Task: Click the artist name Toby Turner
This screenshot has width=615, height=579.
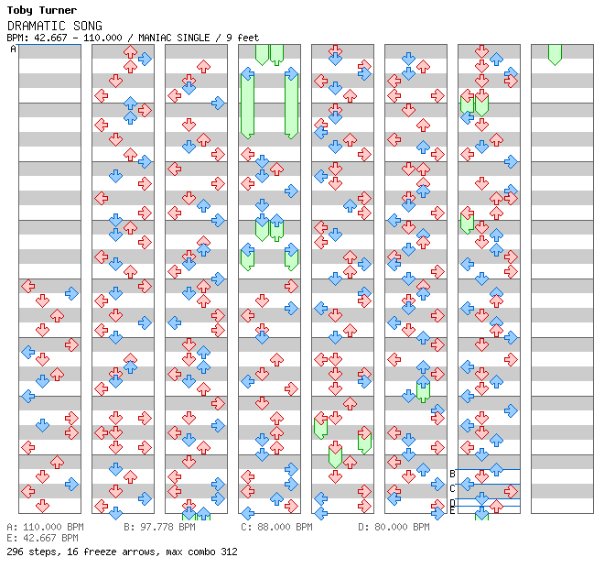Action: tap(41, 11)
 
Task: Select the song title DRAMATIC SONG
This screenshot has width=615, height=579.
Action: tap(54, 26)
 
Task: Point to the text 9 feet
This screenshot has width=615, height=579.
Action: tap(240, 38)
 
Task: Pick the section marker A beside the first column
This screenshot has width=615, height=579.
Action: tap(14, 49)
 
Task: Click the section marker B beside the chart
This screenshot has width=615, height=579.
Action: tap(452, 474)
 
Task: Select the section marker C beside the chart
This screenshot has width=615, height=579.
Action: tap(452, 488)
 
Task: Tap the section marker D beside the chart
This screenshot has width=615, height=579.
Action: tap(452, 503)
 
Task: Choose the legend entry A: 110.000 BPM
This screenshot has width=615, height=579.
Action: tap(45, 528)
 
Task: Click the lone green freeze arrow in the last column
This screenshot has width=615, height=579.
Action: tap(555, 54)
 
